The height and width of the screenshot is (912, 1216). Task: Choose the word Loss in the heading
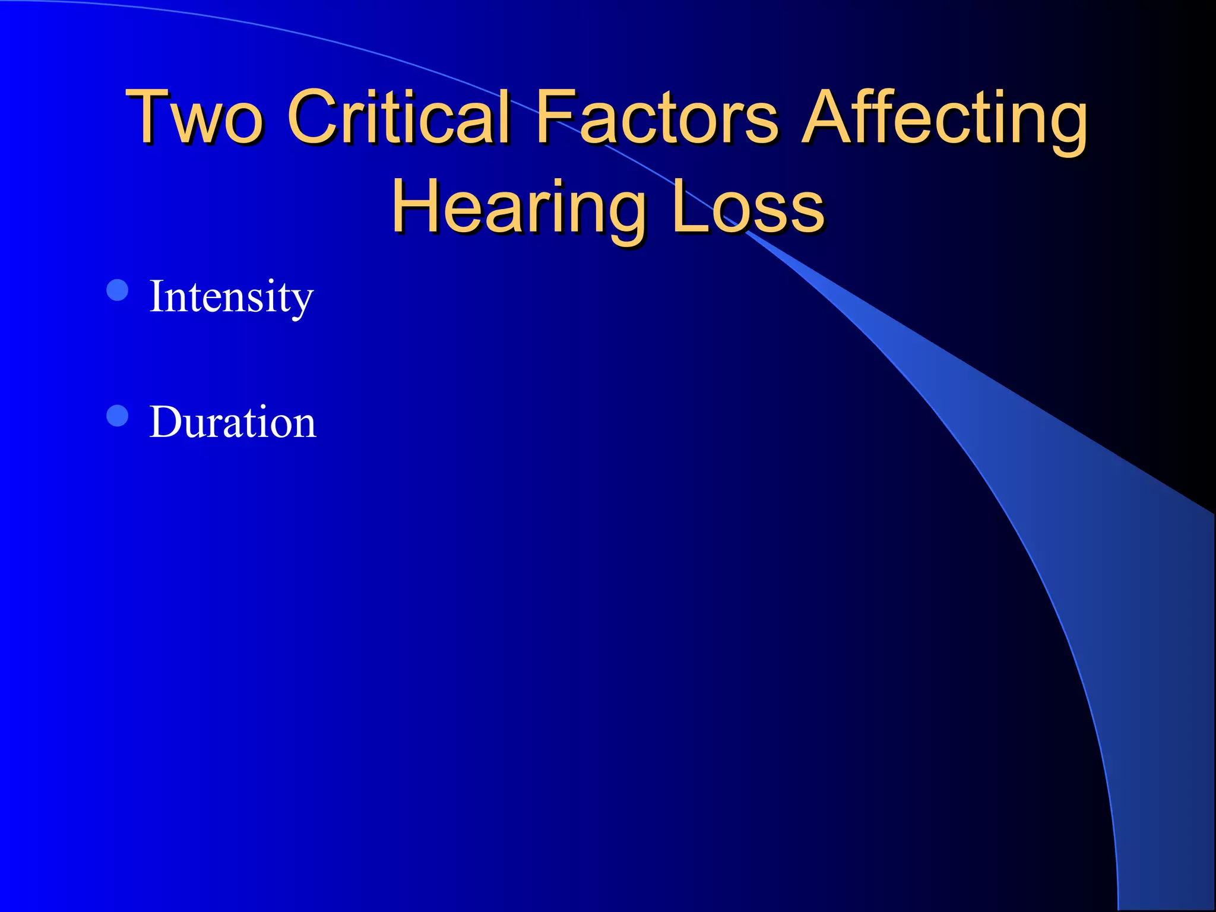748,205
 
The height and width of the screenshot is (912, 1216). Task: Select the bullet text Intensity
231,296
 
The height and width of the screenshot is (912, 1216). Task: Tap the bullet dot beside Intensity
118,290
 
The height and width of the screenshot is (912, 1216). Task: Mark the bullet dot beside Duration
118,416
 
